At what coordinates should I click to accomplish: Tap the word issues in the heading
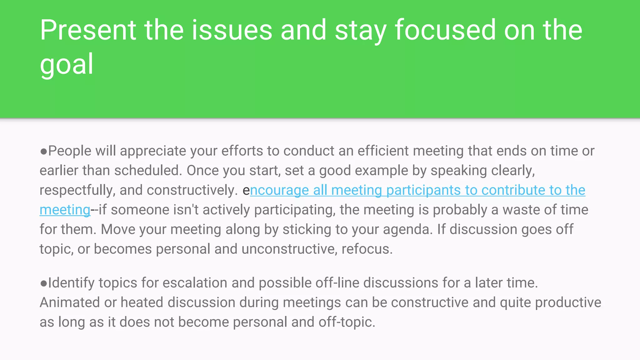coord(232,30)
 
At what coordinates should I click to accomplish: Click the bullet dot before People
coord(43,151)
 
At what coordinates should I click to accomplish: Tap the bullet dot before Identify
coord(43,283)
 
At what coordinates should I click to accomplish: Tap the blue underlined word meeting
coord(65,210)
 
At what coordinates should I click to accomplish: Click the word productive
coord(568,303)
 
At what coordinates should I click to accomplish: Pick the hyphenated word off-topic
coord(347,322)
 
